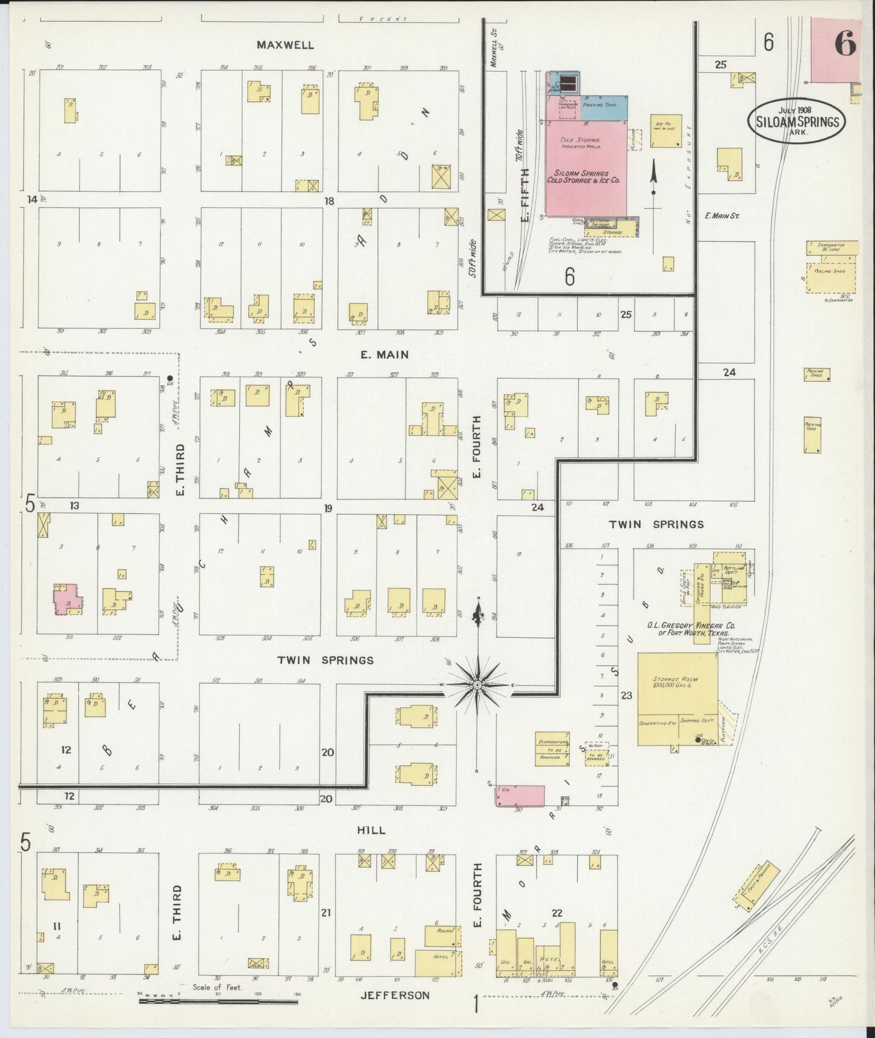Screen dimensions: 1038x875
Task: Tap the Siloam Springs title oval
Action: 797,121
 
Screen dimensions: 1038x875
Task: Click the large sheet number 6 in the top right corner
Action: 845,43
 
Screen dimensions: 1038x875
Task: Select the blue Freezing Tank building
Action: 604,106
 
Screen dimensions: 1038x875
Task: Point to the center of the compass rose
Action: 478,684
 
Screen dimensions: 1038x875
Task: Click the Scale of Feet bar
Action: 218,1001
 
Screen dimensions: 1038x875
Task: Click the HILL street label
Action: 371,830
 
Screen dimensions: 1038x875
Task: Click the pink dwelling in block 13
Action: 67,600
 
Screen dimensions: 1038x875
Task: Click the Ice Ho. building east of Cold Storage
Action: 665,131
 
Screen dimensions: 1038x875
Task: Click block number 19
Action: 328,508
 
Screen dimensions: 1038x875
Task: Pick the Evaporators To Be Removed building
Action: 552,749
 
